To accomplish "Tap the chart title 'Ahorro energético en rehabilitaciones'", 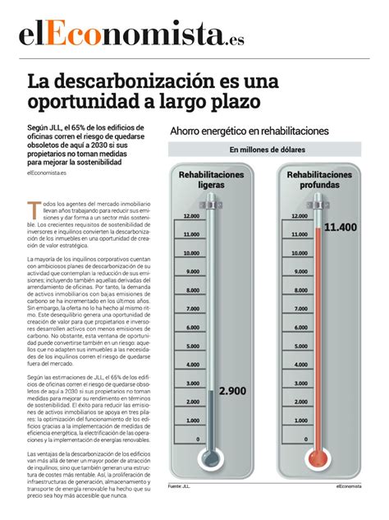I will (249, 131).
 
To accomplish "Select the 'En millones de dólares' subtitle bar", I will (264, 150).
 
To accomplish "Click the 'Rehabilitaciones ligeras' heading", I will (211, 181).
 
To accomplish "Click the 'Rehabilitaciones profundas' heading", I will (320, 181).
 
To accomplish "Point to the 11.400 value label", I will (343, 228).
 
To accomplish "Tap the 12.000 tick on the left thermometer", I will (191, 217).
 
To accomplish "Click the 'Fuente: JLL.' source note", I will (181, 486).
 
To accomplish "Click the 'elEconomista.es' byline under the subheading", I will (47, 173).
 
